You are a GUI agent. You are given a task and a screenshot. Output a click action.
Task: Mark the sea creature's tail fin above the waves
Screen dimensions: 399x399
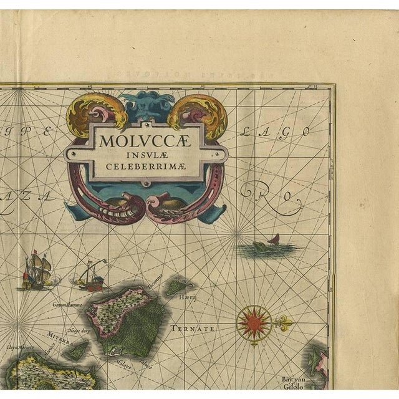274,239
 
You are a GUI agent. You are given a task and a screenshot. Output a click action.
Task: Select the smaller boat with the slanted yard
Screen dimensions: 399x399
91,276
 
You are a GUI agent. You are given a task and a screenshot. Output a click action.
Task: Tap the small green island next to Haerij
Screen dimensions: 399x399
177,286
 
